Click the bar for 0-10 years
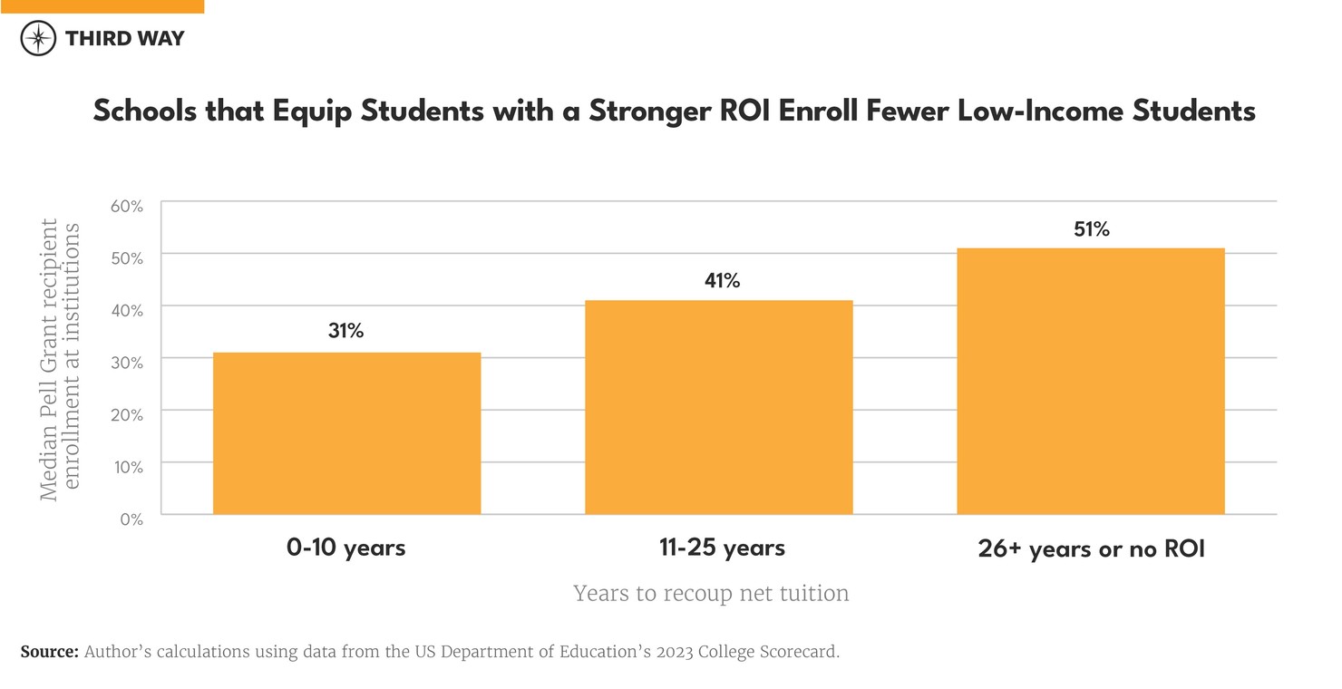[346, 433]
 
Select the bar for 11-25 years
[718, 407]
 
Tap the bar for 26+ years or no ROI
[1091, 381]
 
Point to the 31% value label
[345, 332]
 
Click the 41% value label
[722, 281]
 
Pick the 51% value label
[1092, 229]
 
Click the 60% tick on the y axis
[127, 206]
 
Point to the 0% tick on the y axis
[131, 519]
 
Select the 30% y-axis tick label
[127, 363]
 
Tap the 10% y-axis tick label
[128, 467]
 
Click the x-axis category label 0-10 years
[345, 548]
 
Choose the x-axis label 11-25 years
[722, 548]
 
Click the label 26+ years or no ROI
[1091, 549]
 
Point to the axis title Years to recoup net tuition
[711, 594]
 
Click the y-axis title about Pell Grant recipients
[60, 359]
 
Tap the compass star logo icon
[37, 38]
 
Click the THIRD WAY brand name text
[124, 38]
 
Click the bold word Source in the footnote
[49, 652]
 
